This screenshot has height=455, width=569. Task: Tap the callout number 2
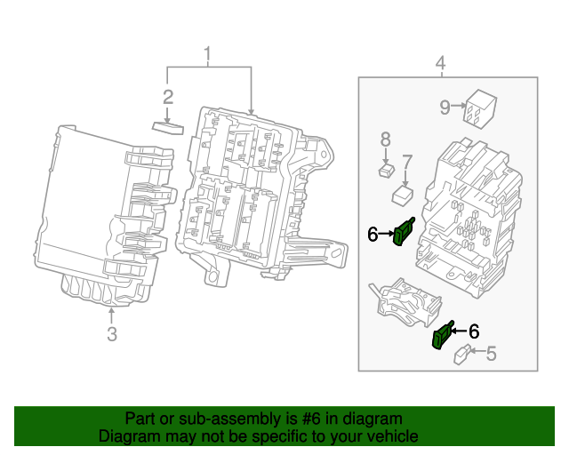[x=167, y=97]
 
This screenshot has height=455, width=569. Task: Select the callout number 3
[x=111, y=334]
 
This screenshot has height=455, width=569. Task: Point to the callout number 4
[x=439, y=63]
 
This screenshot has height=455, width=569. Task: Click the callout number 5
[x=490, y=354]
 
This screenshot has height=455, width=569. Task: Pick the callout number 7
[x=406, y=162]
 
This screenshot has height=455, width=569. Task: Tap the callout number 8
[x=385, y=139]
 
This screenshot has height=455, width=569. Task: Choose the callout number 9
[x=445, y=108]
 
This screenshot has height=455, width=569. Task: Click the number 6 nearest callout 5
[x=473, y=331]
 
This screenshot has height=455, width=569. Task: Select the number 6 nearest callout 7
[x=373, y=234]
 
